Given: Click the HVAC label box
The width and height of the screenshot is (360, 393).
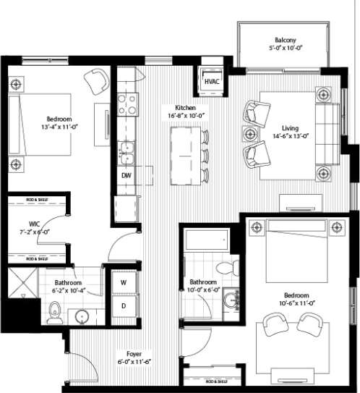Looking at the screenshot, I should point(212,82).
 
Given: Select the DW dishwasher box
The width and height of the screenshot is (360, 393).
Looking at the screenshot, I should point(126,175).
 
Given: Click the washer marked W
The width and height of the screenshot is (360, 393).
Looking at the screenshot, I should point(123,282).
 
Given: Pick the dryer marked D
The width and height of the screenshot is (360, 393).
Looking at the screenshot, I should point(123,305).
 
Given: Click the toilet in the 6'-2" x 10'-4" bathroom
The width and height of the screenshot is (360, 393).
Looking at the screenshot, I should point(53,312).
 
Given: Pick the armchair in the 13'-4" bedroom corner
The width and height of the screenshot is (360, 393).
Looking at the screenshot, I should point(95,80).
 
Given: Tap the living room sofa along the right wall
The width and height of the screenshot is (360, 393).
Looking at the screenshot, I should point(334,133).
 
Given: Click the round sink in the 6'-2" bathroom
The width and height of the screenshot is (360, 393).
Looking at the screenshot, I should point(82,317).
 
